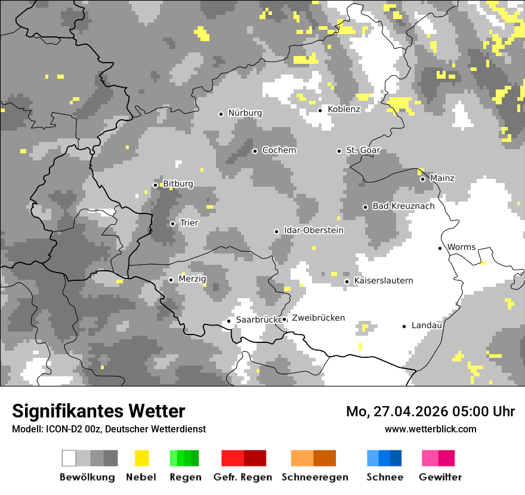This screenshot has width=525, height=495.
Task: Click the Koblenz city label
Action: pos(344,109)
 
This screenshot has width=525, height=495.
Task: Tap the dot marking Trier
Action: pos(172,224)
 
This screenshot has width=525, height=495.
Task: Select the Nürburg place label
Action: pos(245,113)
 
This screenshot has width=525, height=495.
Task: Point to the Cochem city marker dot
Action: pos(255,151)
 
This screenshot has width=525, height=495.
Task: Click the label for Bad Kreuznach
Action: pos(403,206)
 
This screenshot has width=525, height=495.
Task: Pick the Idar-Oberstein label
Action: pos(314,230)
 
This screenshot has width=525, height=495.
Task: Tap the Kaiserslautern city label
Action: pos(383,280)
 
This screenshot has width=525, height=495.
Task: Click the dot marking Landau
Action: pos(404,326)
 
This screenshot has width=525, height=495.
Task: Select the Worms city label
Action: pos(461,247)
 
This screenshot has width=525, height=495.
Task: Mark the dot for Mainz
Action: pos(422,179)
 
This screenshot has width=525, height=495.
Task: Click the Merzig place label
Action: pos(192,279)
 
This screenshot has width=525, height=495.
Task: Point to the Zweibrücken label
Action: pos(318,318)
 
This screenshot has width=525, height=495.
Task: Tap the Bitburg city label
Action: pos(178,184)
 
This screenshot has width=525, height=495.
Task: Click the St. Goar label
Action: pos(363,150)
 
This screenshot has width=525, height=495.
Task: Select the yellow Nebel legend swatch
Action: pos(141,458)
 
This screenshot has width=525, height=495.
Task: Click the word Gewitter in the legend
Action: pos(440,477)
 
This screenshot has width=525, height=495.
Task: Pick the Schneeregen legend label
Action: pos(314,477)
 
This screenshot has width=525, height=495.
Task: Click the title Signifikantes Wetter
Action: pos(98,411)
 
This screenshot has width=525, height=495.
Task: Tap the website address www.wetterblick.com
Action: pos(430,429)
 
